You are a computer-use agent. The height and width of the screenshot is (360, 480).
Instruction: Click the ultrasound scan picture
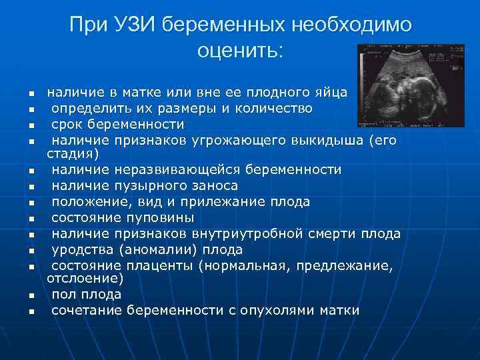tap(411, 85)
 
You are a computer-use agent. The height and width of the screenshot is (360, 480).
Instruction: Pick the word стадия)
tap(73, 154)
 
